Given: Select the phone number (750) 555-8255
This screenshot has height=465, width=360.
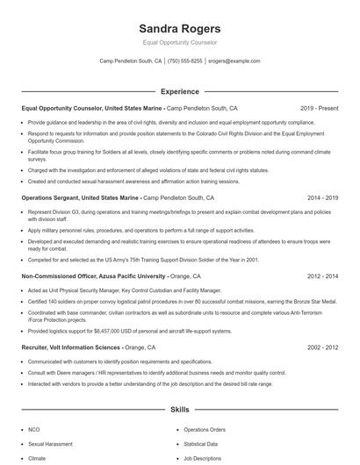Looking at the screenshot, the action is click(x=184, y=61).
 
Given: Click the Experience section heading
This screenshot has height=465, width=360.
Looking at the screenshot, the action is click(x=180, y=91).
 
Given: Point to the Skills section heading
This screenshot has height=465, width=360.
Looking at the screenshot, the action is click(x=180, y=410).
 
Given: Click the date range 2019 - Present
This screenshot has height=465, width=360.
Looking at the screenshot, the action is click(x=319, y=108).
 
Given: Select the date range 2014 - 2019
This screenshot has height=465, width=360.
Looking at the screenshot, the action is click(x=320, y=199).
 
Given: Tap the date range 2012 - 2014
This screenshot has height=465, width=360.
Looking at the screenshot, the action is click(x=320, y=275).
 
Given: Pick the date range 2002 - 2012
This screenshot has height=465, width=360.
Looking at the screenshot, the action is click(x=320, y=347).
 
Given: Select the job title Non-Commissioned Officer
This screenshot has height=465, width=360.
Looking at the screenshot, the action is click(x=62, y=275).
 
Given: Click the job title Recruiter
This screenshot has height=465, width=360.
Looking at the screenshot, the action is click(x=36, y=347).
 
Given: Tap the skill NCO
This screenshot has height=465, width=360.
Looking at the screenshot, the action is click(x=34, y=430).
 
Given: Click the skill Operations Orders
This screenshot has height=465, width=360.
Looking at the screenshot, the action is click(x=205, y=430).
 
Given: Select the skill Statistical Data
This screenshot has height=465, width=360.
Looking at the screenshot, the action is click(x=201, y=444).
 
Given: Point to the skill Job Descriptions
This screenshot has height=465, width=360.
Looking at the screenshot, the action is click(x=203, y=458).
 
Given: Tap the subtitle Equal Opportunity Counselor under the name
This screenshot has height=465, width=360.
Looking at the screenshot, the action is click(x=180, y=42).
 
